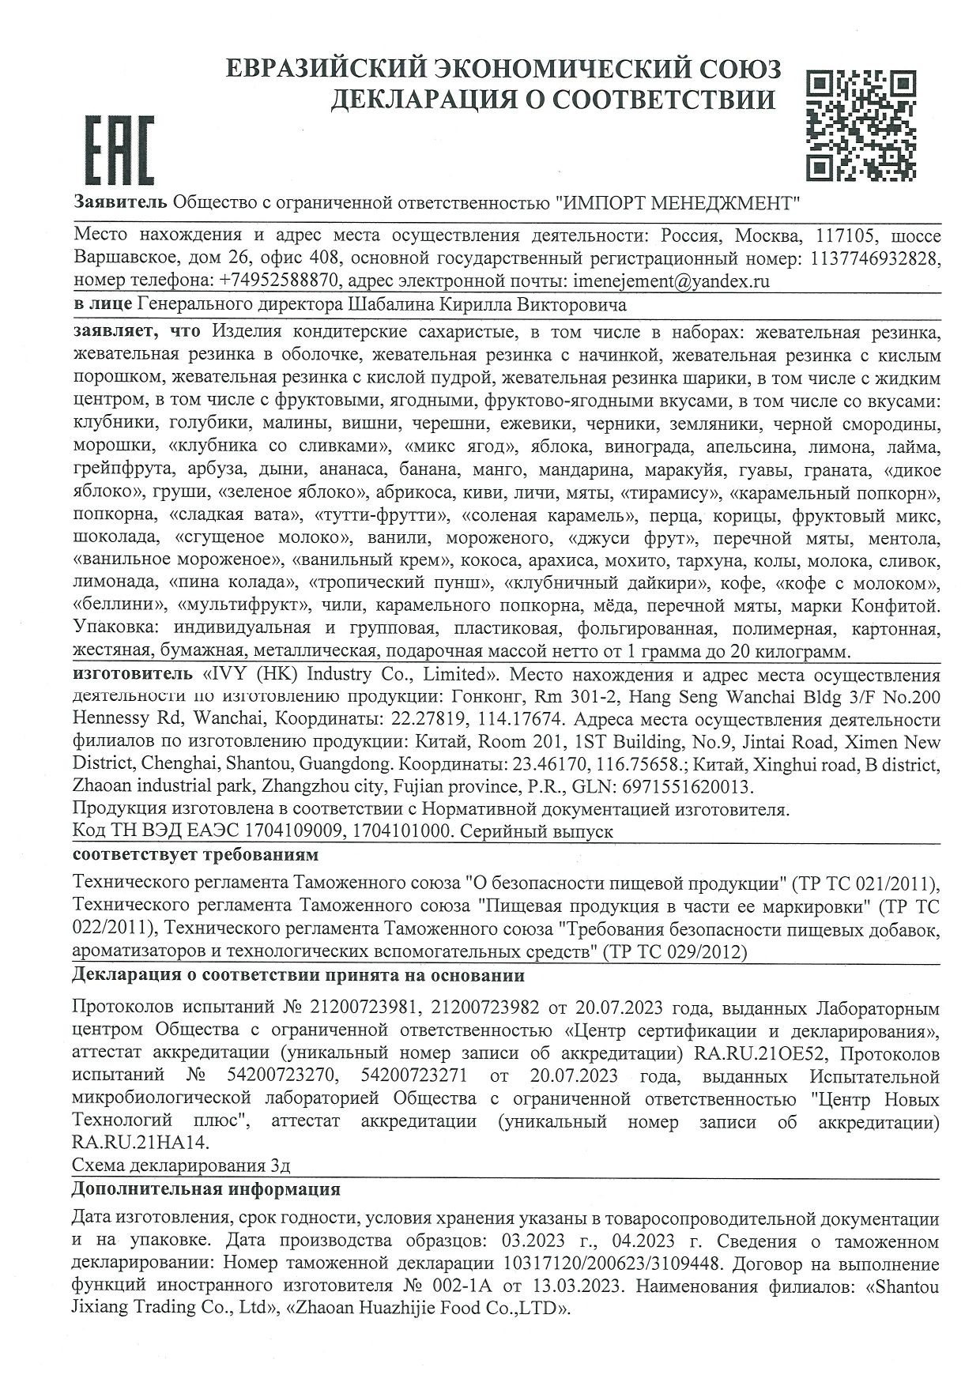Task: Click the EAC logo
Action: (119, 151)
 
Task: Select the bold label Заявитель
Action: (119, 202)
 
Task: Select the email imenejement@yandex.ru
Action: (669, 281)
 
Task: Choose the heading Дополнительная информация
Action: (205, 1189)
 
